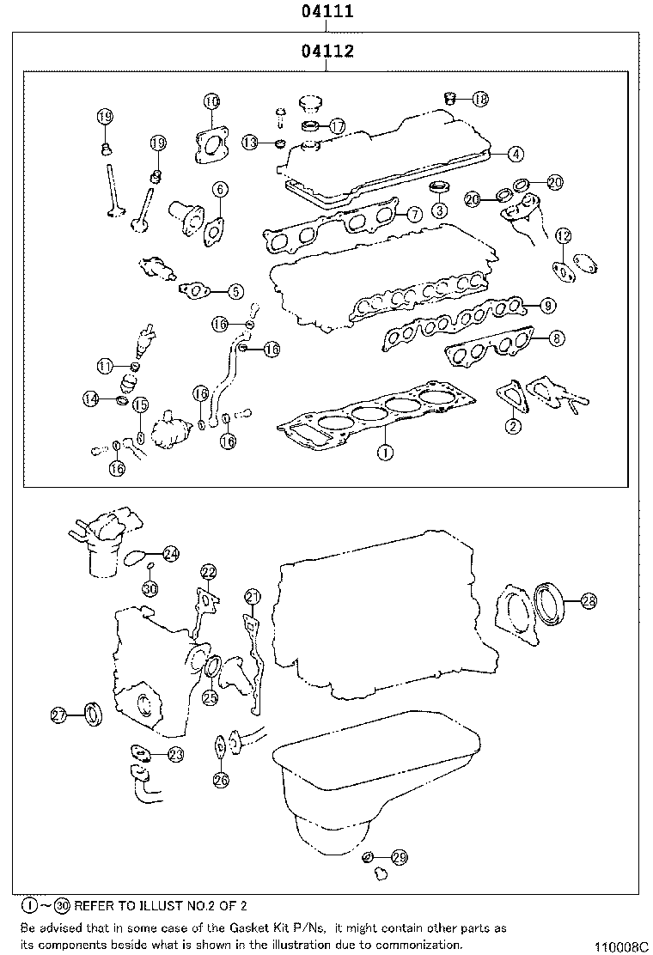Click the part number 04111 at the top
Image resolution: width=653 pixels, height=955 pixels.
pyautogui.click(x=327, y=12)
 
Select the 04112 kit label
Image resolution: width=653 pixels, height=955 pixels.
pyautogui.click(x=327, y=52)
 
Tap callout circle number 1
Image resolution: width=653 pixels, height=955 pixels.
pyautogui.click(x=386, y=450)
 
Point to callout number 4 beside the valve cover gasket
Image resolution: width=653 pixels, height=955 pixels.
pyautogui.click(x=514, y=155)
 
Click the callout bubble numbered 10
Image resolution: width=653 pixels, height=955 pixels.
pyautogui.click(x=211, y=101)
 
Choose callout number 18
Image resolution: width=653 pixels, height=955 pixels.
pyautogui.click(x=479, y=99)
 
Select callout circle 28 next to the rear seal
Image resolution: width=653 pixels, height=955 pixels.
pyautogui.click(x=588, y=601)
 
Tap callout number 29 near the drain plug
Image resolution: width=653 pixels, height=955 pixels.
pyautogui.click(x=399, y=856)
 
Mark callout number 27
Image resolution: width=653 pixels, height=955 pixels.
pyautogui.click(x=58, y=715)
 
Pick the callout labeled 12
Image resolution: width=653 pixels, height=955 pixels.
pyautogui.click(x=562, y=235)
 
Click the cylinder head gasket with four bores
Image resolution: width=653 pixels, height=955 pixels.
pyautogui.click(x=378, y=416)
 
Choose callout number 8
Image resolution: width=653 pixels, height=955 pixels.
pyautogui.click(x=556, y=338)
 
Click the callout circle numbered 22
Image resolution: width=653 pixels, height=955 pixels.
pyautogui.click(x=208, y=572)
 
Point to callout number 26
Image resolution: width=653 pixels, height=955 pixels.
pyautogui.click(x=221, y=780)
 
